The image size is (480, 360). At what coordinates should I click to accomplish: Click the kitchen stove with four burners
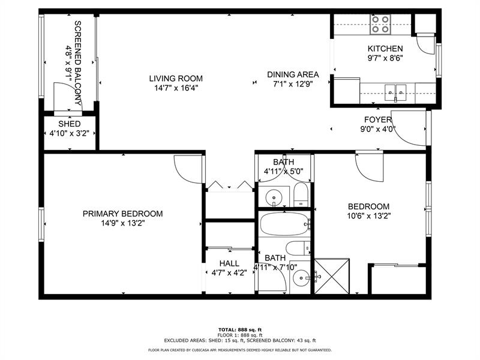[380, 25]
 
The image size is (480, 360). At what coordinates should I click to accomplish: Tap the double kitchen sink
[395, 92]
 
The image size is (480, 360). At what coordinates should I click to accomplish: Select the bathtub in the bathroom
[284, 224]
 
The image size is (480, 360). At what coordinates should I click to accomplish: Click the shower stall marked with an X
[332, 276]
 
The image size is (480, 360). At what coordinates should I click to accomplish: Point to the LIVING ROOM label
[176, 79]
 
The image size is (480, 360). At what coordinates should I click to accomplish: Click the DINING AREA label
[293, 74]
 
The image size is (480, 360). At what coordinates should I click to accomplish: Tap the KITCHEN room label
[385, 49]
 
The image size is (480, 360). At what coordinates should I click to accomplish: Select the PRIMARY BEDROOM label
[123, 214]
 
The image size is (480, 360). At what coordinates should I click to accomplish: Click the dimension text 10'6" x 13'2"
[368, 216]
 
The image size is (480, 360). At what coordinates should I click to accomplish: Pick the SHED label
[70, 124]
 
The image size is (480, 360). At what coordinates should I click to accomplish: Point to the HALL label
[229, 263]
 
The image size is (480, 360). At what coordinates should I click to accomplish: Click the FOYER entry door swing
[409, 128]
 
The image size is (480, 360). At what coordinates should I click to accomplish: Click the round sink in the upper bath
[274, 196]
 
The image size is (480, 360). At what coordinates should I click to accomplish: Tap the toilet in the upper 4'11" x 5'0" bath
[301, 194]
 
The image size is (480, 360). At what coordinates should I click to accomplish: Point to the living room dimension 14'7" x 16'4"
[176, 88]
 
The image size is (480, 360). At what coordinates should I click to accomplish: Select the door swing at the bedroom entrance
[369, 167]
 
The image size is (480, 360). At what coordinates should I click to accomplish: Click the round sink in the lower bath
[301, 278]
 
